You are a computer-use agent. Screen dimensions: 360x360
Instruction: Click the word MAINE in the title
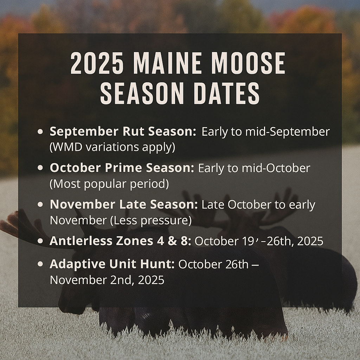coord(168,64)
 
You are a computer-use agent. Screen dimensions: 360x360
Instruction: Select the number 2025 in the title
coord(97,64)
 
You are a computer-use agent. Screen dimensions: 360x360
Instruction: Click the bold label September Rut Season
coord(123,132)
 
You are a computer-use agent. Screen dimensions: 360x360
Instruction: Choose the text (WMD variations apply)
coord(112,147)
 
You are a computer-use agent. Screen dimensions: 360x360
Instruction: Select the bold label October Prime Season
coord(122,168)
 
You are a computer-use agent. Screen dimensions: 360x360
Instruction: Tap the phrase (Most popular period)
coord(109,184)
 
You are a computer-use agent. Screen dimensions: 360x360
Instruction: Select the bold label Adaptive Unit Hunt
coord(112,264)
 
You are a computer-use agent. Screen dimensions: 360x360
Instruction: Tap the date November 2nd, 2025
coord(107,280)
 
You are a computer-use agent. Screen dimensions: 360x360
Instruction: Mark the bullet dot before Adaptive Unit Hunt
coord(40,265)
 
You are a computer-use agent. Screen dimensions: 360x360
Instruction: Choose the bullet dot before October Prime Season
coord(40,168)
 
